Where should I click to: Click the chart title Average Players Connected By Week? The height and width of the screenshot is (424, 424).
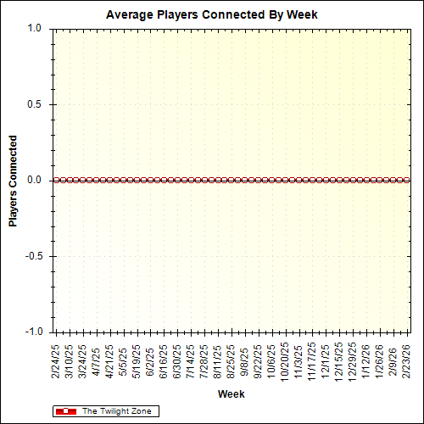[x=212, y=14]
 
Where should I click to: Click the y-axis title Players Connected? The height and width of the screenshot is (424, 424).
[x=14, y=180]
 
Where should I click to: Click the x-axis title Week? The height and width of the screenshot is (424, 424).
[x=232, y=394]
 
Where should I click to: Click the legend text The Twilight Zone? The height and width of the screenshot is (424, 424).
[x=116, y=411]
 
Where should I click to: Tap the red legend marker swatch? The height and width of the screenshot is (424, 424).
[x=66, y=411]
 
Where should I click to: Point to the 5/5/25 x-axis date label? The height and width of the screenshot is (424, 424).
[x=123, y=360]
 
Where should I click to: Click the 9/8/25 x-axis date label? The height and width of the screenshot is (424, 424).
[x=245, y=360]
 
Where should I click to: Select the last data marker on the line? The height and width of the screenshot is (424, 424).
[x=408, y=180]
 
